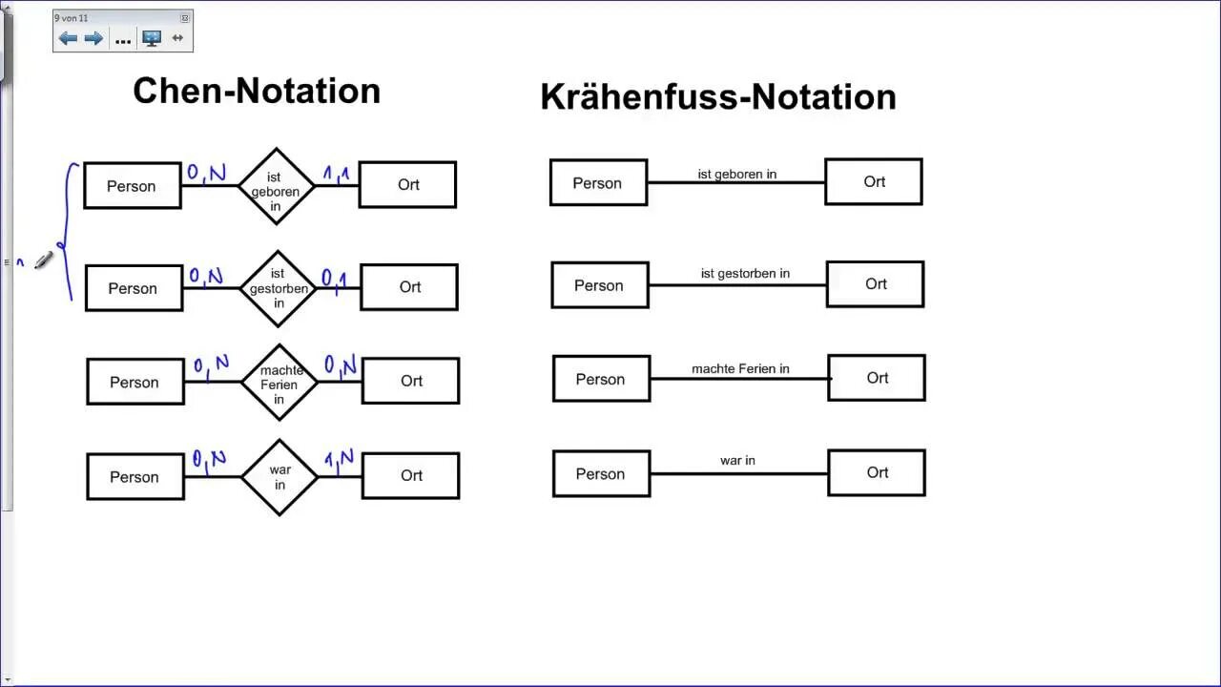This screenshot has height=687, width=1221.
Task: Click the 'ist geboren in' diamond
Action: (276, 186)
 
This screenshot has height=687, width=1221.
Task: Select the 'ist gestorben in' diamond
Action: (278, 288)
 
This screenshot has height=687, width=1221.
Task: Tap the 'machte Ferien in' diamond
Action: (279, 383)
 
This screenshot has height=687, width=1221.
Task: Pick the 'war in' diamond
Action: (279, 477)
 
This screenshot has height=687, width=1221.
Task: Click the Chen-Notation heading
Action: (257, 91)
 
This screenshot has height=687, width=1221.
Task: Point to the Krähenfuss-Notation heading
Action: (717, 96)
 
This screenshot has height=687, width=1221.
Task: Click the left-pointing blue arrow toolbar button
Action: (68, 38)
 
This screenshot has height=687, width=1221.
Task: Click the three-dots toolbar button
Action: (123, 39)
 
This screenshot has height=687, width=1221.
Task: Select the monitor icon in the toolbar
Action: (152, 38)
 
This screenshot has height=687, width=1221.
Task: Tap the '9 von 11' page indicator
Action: (72, 18)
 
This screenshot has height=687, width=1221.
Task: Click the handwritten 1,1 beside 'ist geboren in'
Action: (336, 175)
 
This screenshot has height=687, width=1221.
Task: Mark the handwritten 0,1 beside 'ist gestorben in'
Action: (334, 279)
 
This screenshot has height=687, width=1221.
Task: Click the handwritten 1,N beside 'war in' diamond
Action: (339, 460)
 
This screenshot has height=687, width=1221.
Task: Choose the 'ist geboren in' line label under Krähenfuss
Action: (736, 174)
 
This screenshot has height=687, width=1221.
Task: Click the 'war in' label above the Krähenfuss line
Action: (737, 460)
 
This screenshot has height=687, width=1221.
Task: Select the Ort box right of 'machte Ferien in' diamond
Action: (411, 381)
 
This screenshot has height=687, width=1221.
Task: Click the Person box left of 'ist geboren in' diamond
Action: (132, 186)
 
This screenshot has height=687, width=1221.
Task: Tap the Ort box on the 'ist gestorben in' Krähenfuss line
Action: (876, 284)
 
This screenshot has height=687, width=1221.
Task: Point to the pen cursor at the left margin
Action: (43, 260)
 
